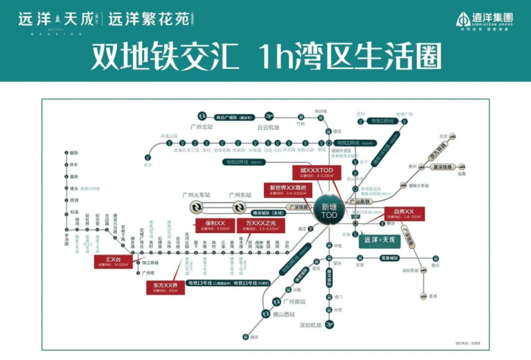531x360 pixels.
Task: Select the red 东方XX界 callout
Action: coord(165,286)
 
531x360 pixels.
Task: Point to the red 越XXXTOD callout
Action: coord(313,172)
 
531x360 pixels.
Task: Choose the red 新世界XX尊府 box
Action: coord(288,189)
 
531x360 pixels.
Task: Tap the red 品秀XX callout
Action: coord(405,214)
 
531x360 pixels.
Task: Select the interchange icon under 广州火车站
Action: coord(195,207)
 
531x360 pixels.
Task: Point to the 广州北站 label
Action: coord(202,127)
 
